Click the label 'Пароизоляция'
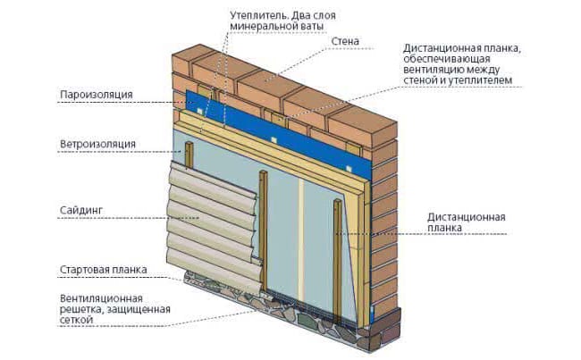click(97, 95)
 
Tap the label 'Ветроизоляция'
click(97, 144)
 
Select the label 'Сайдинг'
click(81, 210)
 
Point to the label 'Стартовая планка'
click(104, 269)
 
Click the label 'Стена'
click(345, 41)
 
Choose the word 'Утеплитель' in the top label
click(258, 15)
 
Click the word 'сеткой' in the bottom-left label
click(76, 320)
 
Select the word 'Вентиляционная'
click(101, 298)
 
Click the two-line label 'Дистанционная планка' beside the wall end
click(466, 222)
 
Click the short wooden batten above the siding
click(189, 155)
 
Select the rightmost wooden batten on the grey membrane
click(338, 261)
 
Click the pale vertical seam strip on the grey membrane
click(301, 240)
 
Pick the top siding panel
click(212, 180)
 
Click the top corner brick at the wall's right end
click(363, 126)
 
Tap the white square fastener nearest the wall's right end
click(349, 168)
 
